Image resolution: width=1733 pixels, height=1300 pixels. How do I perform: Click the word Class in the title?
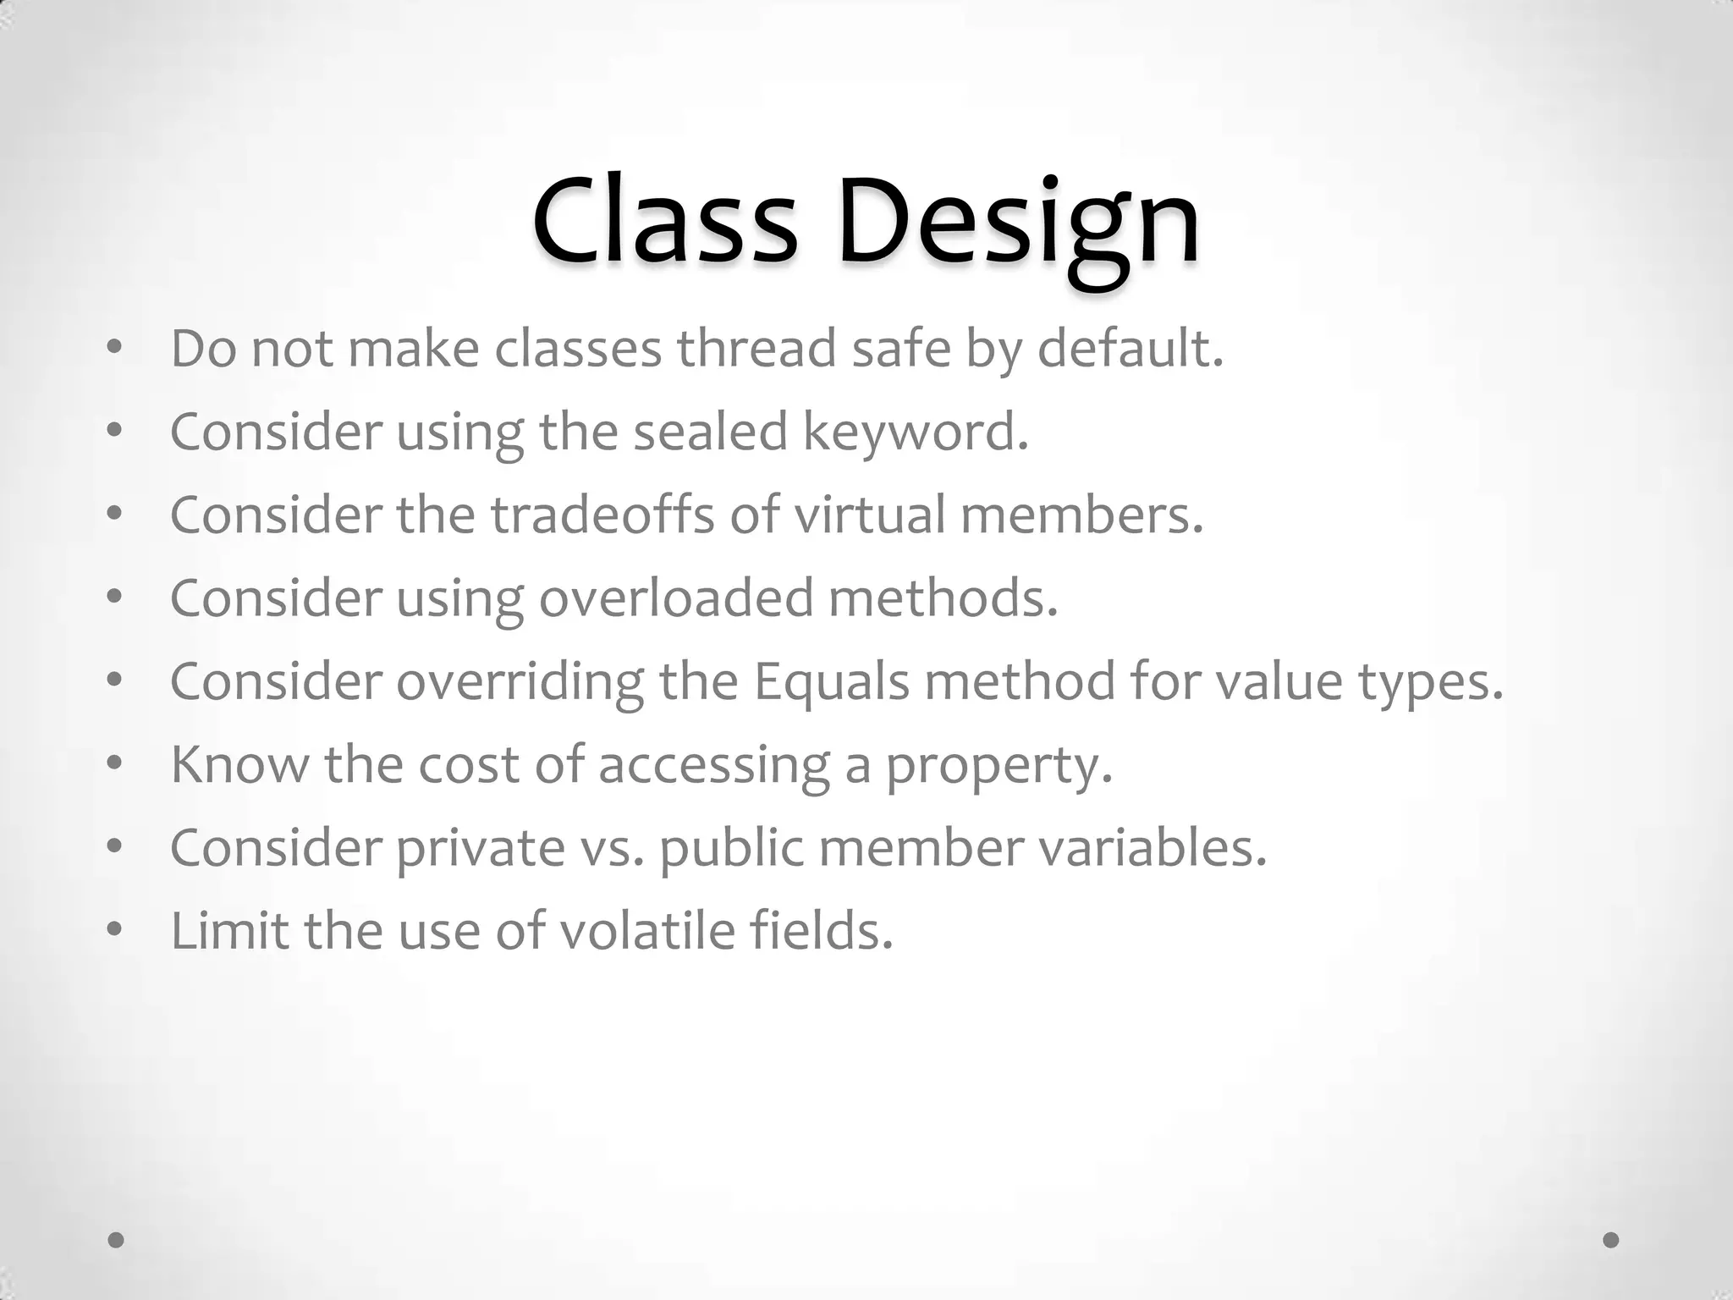click(x=664, y=222)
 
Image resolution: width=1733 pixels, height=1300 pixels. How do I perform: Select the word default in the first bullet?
click(x=1131, y=349)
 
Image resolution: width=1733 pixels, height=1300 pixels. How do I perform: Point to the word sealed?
click(x=710, y=432)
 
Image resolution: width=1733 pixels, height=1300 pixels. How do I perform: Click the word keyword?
click(x=915, y=432)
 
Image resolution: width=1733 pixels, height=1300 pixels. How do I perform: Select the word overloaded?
click(x=676, y=598)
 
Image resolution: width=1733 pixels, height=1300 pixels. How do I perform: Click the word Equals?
click(x=831, y=680)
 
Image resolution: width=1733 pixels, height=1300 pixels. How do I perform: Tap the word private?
click(x=480, y=846)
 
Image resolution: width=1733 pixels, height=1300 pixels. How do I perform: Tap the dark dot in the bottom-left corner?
click(x=117, y=1240)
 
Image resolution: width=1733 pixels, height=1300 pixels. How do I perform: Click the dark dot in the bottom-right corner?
click(x=1611, y=1240)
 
